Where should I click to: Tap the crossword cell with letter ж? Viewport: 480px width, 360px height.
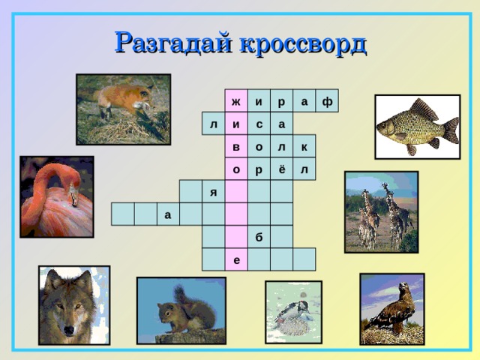[x=236, y=100]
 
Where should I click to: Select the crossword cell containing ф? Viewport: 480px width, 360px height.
[x=327, y=100]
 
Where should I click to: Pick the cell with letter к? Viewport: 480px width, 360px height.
[x=304, y=146]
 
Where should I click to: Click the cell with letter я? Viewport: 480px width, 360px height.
[x=214, y=192]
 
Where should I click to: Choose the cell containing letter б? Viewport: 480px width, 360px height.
[x=259, y=237]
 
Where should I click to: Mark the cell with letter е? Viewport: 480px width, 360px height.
[x=236, y=259]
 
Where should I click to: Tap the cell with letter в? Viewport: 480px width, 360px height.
[x=236, y=146]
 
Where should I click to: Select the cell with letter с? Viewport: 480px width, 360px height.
[x=259, y=124]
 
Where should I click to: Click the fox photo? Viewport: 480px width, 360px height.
[x=123, y=109]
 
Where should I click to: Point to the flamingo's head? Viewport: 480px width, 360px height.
[x=72, y=196]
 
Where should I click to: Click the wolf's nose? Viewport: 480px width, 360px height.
[x=70, y=327]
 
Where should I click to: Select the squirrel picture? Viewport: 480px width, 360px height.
[x=181, y=310]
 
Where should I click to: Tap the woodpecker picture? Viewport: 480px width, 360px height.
[x=293, y=312]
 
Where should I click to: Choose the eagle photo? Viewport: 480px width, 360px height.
[x=391, y=309]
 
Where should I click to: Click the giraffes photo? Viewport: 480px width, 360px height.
[x=380, y=211]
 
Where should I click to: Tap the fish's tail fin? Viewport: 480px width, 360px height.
[x=450, y=130]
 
